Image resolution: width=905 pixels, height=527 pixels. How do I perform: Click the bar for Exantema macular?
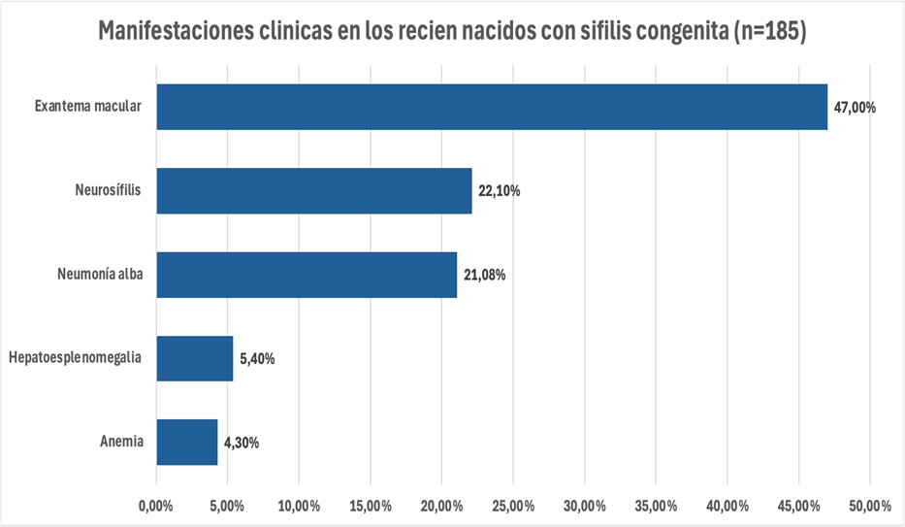[492, 107]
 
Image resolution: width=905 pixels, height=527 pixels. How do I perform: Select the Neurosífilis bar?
[314, 190]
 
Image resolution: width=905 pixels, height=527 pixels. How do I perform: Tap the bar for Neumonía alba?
[307, 275]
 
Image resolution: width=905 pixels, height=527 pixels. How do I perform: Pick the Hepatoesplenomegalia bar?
[195, 358]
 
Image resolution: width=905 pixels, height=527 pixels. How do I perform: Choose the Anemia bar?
[187, 442]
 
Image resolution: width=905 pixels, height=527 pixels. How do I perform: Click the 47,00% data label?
[855, 108]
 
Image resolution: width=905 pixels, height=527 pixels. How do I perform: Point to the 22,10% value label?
[499, 191]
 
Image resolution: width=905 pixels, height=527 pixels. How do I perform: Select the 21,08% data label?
[484, 275]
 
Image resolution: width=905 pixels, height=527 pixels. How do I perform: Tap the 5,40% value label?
[257, 359]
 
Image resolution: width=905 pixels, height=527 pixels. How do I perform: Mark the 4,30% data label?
[242, 443]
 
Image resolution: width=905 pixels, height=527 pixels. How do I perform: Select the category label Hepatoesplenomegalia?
[75, 358]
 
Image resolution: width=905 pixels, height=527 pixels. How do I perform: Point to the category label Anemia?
[121, 442]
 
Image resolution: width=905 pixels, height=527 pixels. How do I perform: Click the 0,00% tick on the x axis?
[156, 505]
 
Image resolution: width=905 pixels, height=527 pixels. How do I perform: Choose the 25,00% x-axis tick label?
[513, 505]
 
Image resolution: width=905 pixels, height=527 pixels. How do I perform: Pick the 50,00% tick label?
[869, 505]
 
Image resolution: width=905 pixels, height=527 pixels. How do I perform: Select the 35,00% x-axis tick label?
[656, 505]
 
